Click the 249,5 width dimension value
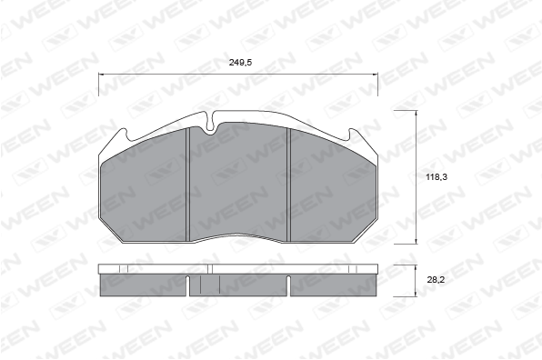[240, 63]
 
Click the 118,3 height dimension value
[437, 177]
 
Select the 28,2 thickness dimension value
[436, 280]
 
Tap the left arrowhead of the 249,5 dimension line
[102, 74]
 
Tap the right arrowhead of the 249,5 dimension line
[375, 74]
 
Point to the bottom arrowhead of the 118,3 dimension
[416, 241]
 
